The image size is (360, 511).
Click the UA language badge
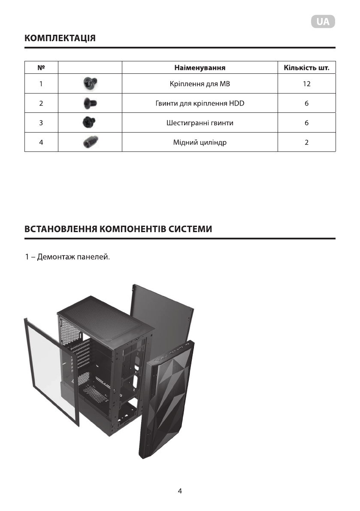click(x=323, y=22)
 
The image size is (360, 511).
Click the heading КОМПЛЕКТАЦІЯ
click(x=60, y=38)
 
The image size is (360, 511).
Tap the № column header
click(x=41, y=68)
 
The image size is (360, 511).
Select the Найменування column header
click(x=200, y=68)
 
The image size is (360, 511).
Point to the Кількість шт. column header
click(x=306, y=68)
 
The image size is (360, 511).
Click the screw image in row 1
click(x=90, y=84)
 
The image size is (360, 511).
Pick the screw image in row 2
click(x=90, y=103)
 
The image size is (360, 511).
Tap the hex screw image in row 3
click(x=90, y=123)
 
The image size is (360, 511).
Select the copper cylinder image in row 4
click(x=90, y=142)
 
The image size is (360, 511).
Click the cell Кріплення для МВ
click(x=200, y=84)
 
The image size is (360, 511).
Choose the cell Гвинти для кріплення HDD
click(x=200, y=103)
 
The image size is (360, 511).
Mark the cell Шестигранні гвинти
click(x=200, y=123)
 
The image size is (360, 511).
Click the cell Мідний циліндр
click(x=200, y=142)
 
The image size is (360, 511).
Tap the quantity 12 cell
click(x=306, y=84)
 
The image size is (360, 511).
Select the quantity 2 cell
click(x=306, y=142)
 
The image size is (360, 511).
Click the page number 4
click(x=180, y=491)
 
